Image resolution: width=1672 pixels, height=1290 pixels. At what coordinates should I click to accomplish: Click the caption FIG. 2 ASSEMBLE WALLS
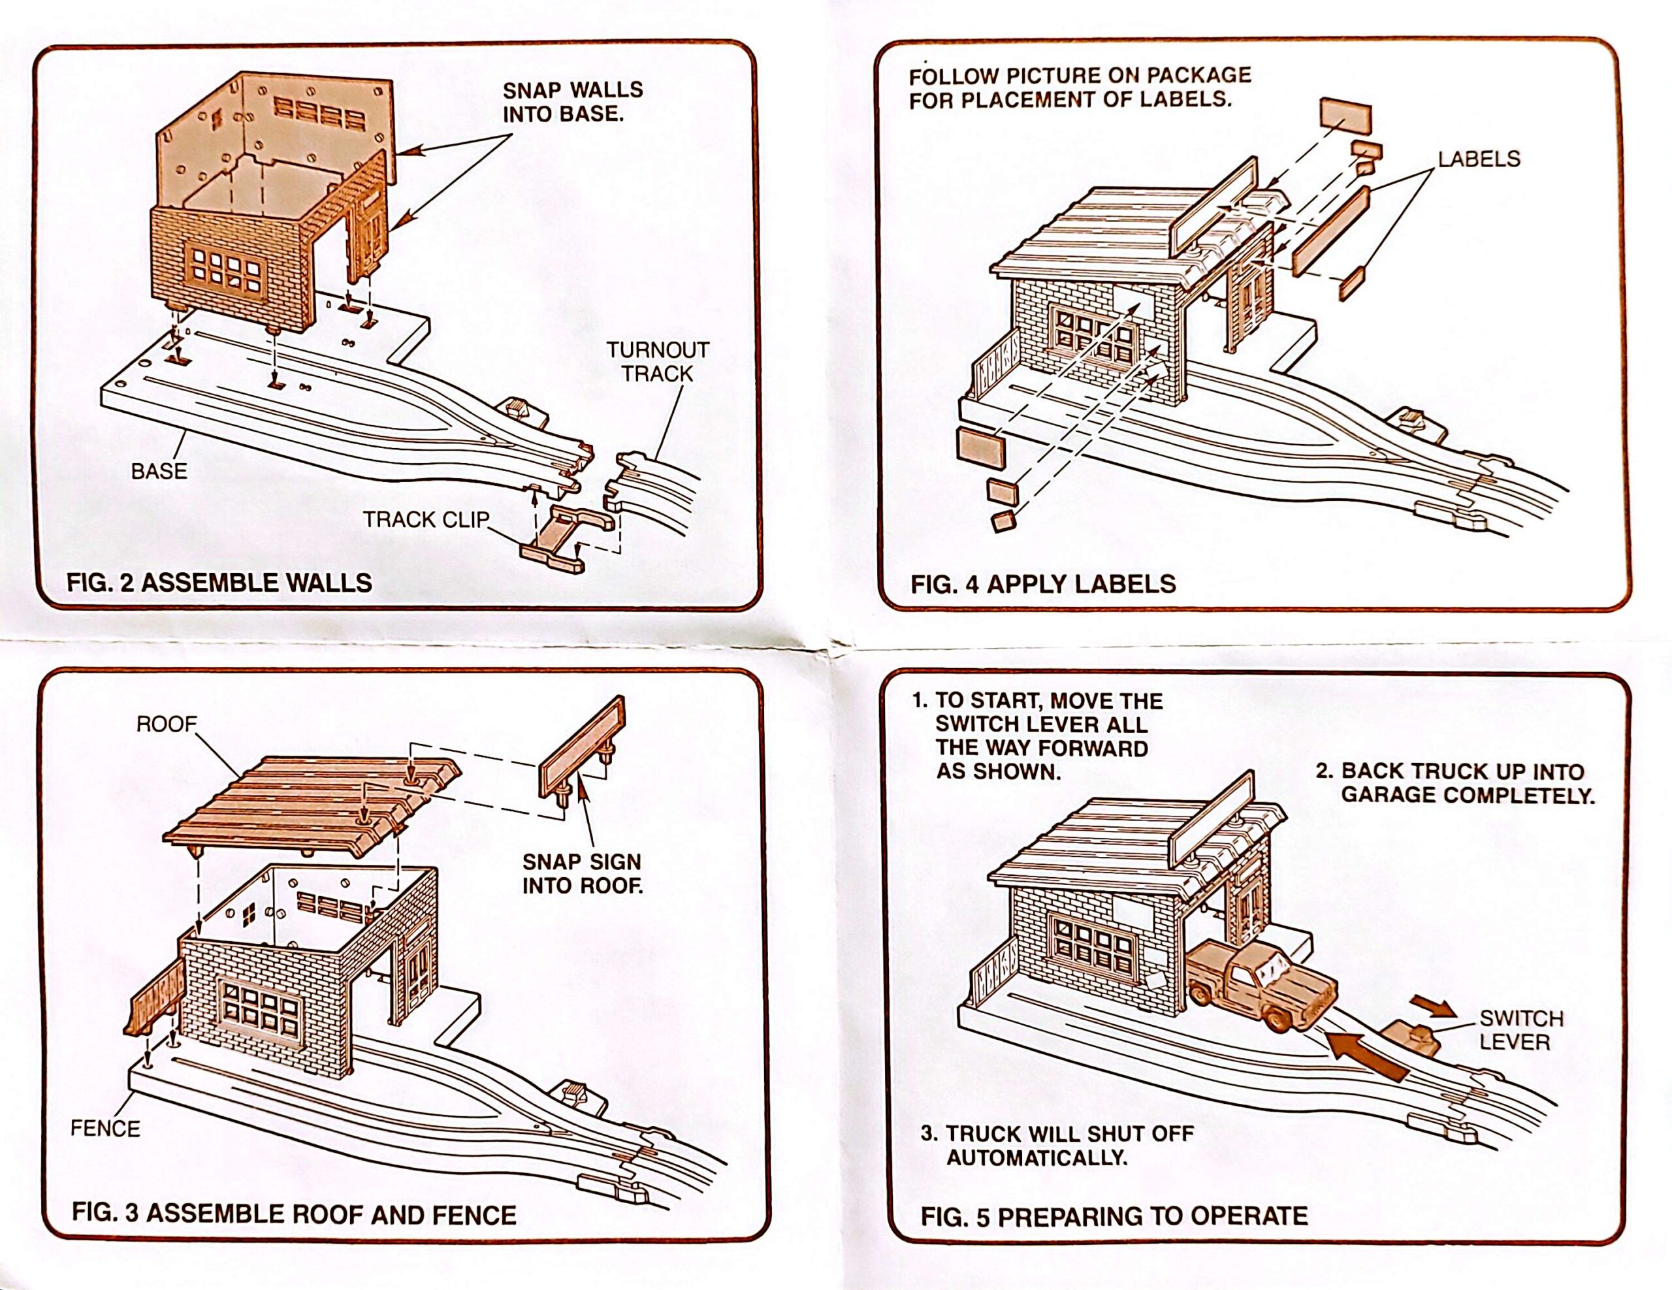pyautogui.click(x=219, y=583)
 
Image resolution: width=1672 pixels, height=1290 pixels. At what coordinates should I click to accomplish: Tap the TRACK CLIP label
pyautogui.click(x=426, y=520)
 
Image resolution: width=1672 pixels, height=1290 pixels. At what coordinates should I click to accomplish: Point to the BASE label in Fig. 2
pyautogui.click(x=159, y=472)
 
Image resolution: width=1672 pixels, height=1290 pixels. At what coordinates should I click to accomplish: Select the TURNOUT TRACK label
pyautogui.click(x=658, y=362)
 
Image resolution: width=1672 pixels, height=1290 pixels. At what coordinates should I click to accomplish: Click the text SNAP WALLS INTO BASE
pyautogui.click(x=572, y=102)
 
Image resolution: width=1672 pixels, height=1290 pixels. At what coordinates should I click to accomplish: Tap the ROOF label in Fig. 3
pyautogui.click(x=166, y=724)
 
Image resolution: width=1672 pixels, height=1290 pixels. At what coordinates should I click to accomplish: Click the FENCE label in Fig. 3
pyautogui.click(x=105, y=1129)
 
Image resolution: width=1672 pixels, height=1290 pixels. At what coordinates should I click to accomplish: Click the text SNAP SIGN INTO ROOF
pyautogui.click(x=582, y=873)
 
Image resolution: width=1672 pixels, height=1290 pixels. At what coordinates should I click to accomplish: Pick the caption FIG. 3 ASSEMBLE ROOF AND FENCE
pyautogui.click(x=294, y=1214)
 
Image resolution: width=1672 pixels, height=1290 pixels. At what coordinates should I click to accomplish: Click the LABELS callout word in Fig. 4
pyautogui.click(x=1478, y=159)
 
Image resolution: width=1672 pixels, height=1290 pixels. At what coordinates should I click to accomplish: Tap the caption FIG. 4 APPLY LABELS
pyautogui.click(x=1042, y=584)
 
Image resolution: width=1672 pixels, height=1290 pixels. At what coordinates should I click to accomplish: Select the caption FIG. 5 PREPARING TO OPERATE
pyautogui.click(x=1114, y=1216)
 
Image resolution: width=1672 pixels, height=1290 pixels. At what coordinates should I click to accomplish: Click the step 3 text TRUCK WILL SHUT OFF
pyautogui.click(x=1057, y=1145)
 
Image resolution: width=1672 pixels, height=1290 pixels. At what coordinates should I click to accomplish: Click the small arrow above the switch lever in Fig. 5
pyautogui.click(x=1433, y=1006)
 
